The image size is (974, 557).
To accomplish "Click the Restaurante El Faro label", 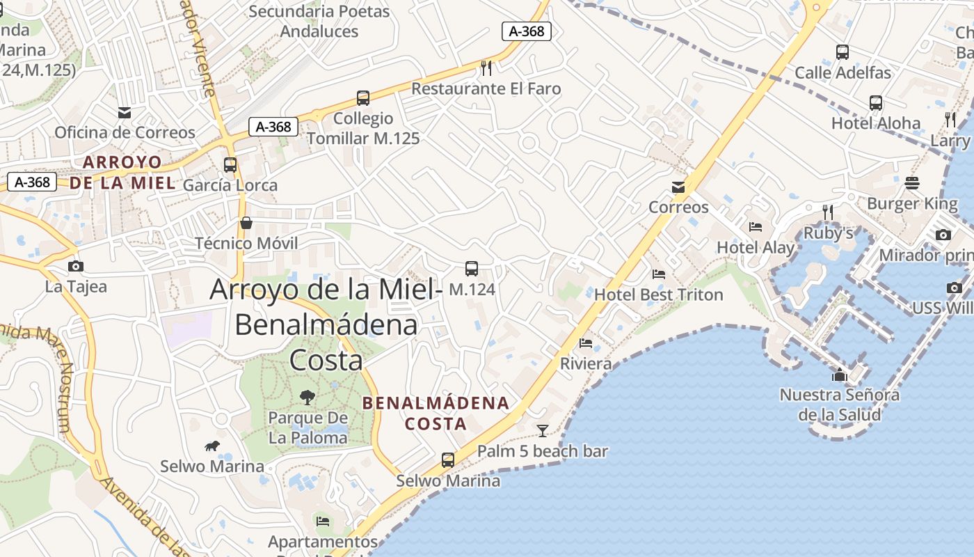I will click(x=486, y=88).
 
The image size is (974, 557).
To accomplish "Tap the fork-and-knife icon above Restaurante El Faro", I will click(x=486, y=68).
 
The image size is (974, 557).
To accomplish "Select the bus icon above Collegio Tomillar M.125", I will click(x=362, y=98).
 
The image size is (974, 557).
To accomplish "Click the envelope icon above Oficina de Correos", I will click(x=125, y=113).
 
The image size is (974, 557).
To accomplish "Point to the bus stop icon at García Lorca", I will click(x=230, y=165).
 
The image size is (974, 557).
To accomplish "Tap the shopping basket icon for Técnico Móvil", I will click(x=246, y=223).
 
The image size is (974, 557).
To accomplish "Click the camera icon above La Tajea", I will click(x=76, y=266).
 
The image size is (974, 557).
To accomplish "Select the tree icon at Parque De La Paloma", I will click(x=307, y=398).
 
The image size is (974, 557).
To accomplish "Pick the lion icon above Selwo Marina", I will click(x=212, y=446).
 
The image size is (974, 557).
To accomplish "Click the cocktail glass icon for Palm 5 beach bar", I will click(x=543, y=430).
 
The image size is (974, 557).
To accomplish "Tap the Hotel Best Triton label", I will click(x=658, y=295).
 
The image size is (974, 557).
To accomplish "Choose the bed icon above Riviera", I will click(x=586, y=343).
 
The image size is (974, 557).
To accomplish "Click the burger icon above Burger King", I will click(x=912, y=183).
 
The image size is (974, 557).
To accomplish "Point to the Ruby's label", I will click(x=828, y=233).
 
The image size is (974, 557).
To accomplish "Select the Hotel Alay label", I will click(x=755, y=247).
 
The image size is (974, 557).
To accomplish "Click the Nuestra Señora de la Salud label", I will click(x=839, y=405).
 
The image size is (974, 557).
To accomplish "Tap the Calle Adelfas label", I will click(x=843, y=72).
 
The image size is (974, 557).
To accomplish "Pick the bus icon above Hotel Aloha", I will click(x=876, y=103).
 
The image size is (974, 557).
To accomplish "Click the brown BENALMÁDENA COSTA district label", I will click(x=436, y=413).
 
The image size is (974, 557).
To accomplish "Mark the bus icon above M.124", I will click(x=472, y=269).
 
